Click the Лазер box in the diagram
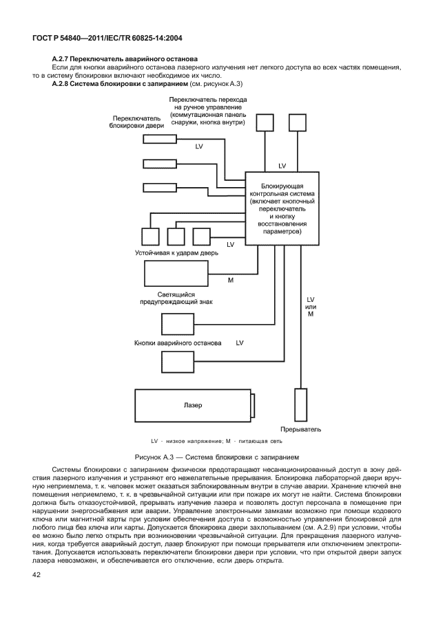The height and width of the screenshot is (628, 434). tap(194, 406)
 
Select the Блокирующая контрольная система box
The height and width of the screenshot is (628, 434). tap(282, 207)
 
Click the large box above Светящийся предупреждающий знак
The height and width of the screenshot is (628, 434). tap(176, 274)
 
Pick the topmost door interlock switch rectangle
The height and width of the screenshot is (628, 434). tap(159, 138)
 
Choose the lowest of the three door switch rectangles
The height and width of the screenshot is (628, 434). tap(159, 187)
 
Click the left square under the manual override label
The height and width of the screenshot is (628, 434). tap(265, 122)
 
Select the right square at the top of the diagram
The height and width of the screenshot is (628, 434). tap(297, 122)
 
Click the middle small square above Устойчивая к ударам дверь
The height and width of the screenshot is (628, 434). tap(176, 237)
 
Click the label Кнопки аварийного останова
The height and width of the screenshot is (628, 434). tap(178, 342)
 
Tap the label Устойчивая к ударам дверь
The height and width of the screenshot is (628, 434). tap(176, 253)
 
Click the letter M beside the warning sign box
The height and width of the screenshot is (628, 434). tap(230, 280)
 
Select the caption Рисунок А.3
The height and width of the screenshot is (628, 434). tap(217, 456)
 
